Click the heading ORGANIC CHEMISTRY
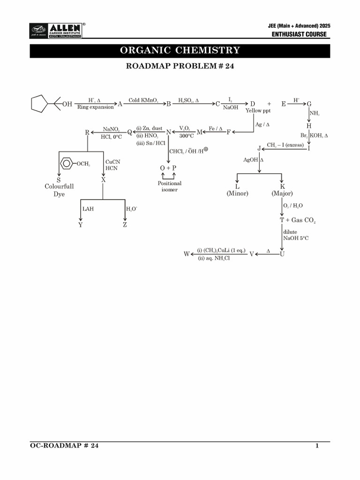pos(180,51)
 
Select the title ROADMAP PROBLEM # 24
pos(180,66)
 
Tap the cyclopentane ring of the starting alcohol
pos(39,104)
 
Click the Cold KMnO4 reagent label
pos(143,100)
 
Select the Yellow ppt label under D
pos(255,111)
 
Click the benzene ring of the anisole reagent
pos(67,164)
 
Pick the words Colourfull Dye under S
pos(59,190)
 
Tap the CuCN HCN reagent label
pos(112,165)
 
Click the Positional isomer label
pos(169,187)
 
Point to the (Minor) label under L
pos(237,193)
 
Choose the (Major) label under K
pos(282,193)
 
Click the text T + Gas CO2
pos(298,220)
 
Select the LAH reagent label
pos(88,209)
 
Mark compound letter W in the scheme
pos(187,254)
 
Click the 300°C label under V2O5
pos(186,136)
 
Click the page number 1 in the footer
pos(317,446)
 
